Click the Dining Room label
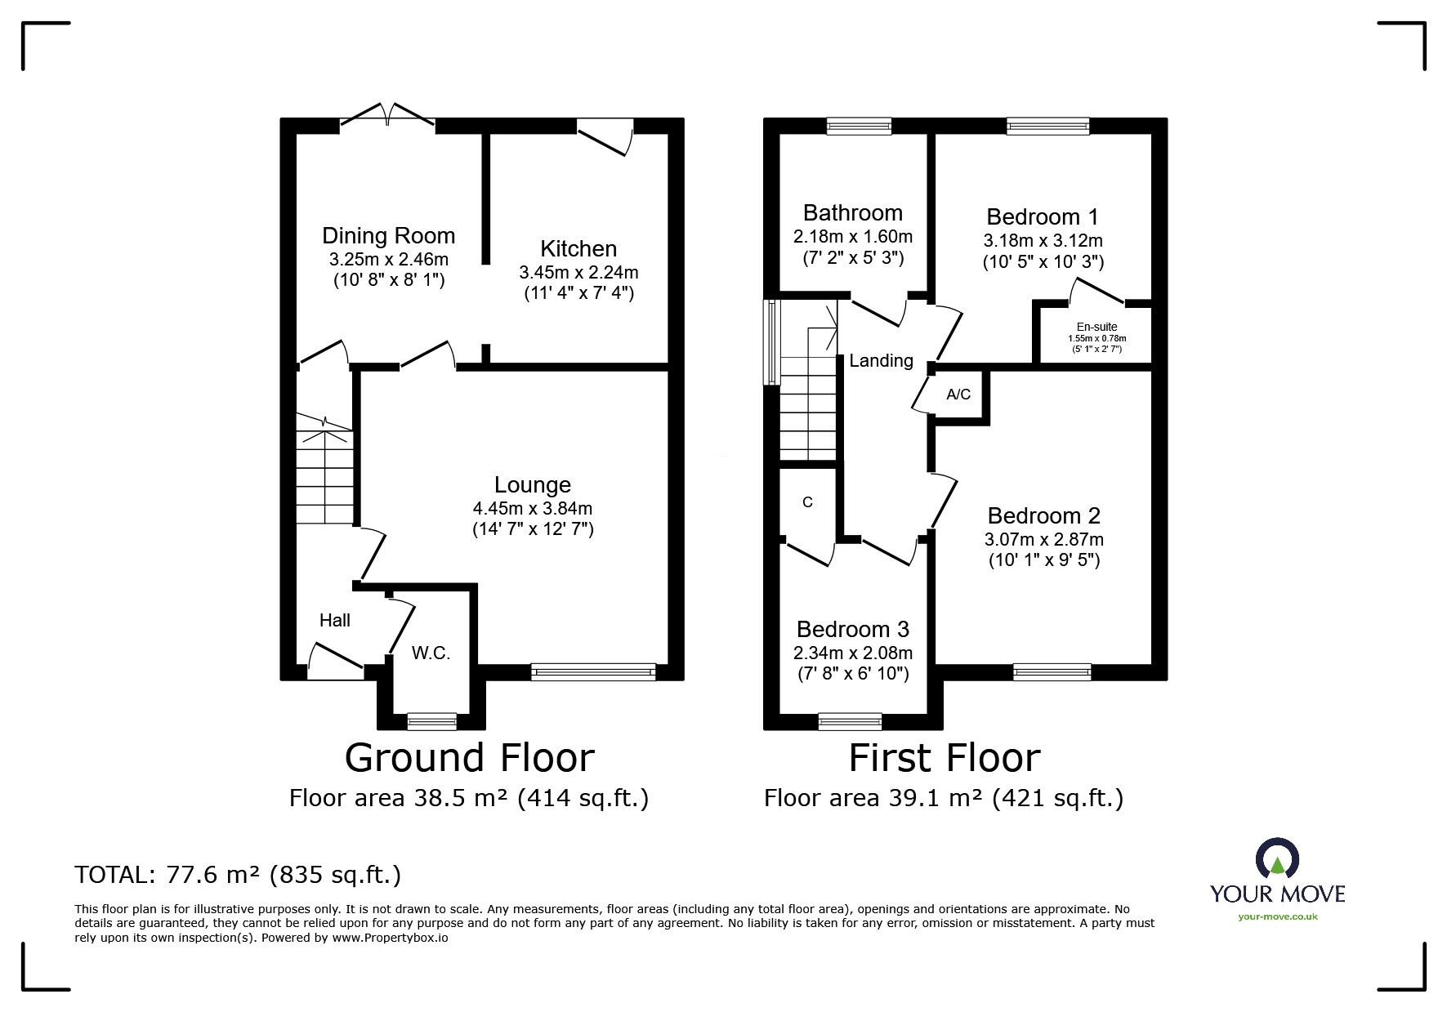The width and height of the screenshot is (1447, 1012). click(x=388, y=236)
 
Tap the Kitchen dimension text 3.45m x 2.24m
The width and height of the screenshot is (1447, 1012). click(x=578, y=272)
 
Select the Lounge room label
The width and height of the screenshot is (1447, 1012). click(x=532, y=485)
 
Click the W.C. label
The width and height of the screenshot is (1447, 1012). click(x=431, y=653)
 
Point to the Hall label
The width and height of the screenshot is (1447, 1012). click(x=335, y=621)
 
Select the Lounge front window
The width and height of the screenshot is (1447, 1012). click(x=592, y=671)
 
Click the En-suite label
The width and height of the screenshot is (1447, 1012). click(x=1096, y=327)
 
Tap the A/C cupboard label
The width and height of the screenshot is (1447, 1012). click(x=958, y=395)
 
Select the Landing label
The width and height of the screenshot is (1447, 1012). click(x=881, y=360)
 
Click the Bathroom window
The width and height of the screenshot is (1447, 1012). click(x=858, y=125)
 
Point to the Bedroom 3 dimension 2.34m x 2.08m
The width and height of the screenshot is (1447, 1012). click(x=852, y=653)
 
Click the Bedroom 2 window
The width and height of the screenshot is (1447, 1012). click(x=1052, y=671)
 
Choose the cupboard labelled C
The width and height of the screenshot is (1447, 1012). click(x=807, y=502)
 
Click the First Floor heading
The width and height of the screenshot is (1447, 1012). click(x=944, y=757)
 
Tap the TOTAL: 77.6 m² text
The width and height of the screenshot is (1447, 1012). click(x=238, y=875)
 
